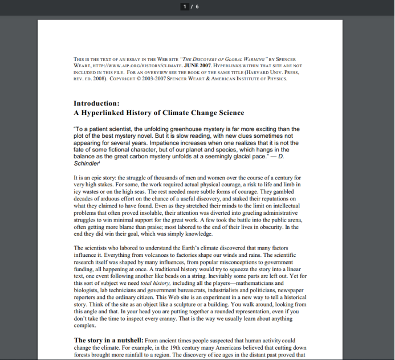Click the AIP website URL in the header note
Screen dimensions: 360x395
tap(119, 66)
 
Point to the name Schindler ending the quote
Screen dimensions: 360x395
tap(85, 163)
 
